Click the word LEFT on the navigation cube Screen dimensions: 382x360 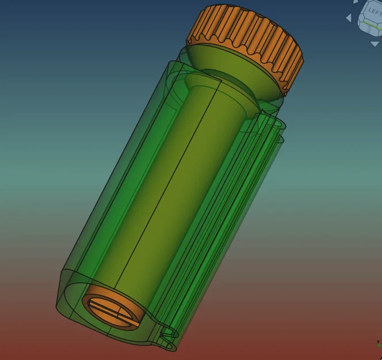[x=375, y=11]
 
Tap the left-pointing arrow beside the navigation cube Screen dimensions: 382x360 [x=349, y=18]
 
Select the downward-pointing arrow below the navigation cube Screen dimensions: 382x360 [x=375, y=44]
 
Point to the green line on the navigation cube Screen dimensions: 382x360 [x=372, y=25]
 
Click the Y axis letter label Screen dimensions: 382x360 [x=378, y=342]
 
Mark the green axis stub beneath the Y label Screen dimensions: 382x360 [x=380, y=345]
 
